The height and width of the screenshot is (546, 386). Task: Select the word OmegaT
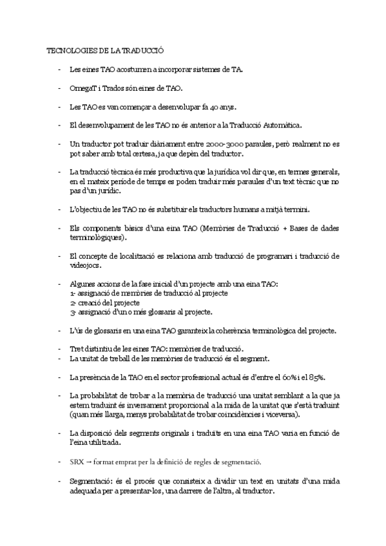[82, 88]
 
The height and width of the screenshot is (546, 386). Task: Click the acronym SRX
[77, 462]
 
